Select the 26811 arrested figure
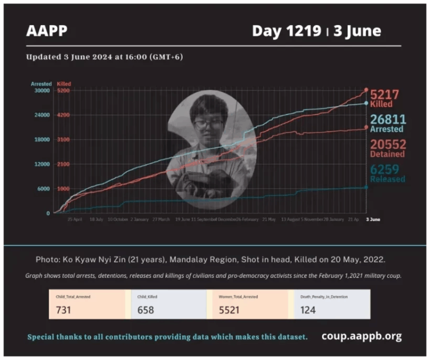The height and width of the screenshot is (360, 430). (387, 119)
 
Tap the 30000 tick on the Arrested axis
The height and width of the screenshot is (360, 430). (43, 91)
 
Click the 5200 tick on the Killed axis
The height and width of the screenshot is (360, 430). (63, 91)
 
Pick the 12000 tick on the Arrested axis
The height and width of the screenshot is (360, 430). (43, 164)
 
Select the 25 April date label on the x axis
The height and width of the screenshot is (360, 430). (74, 219)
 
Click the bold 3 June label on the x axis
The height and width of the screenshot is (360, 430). (373, 219)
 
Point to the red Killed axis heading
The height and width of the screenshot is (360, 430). (64, 83)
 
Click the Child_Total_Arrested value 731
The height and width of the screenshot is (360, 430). (64, 309)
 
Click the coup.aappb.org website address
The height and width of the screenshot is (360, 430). (361, 336)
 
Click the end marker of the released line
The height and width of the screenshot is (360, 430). (366, 188)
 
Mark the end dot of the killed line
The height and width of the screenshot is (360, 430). (366, 90)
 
